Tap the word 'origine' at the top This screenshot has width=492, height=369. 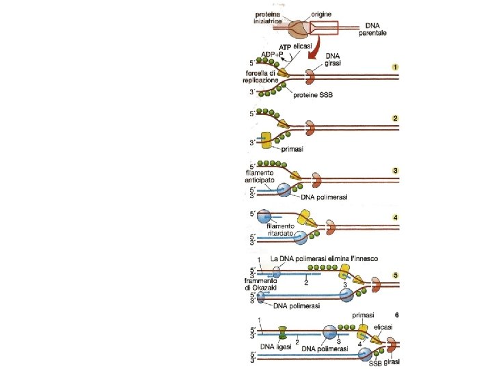[322, 14]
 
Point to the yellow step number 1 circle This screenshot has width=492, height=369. [395, 66]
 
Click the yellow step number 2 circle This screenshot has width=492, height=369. [395, 118]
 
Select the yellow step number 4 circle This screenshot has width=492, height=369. [395, 218]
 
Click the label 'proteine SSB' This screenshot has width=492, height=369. [315, 96]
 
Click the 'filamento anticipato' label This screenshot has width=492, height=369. [260, 177]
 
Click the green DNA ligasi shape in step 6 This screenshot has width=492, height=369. [283, 334]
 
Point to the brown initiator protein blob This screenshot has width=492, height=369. [299, 29]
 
